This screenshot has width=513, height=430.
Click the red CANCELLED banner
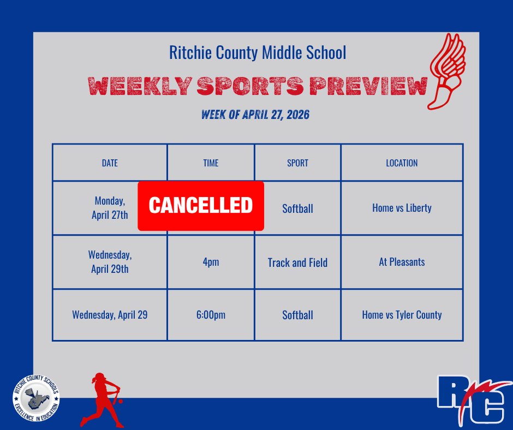point(201,206)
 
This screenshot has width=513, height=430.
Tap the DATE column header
point(110,163)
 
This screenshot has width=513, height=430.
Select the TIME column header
point(211,163)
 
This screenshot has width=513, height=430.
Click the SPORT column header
point(297,163)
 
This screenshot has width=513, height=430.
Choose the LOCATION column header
point(402,163)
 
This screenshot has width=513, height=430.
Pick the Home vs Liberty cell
point(402,208)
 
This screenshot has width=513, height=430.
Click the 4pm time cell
point(211,262)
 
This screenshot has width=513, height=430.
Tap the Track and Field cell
point(297,262)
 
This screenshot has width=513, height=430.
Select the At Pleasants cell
point(402,262)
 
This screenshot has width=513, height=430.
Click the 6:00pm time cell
point(211,315)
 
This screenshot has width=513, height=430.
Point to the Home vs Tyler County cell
point(402,315)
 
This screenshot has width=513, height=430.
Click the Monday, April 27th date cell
point(110,208)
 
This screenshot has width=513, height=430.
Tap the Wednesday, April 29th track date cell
point(110,262)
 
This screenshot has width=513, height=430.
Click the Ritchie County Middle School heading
point(258,53)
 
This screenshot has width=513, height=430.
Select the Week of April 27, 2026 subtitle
point(255,115)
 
